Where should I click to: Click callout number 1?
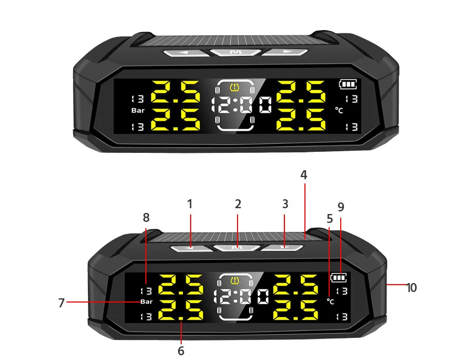coord(190,203)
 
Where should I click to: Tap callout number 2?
coord(238,203)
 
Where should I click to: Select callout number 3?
coord(285,203)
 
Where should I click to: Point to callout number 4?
coord(304,174)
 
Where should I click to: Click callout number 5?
coord(330,218)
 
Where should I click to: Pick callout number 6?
coord(181,350)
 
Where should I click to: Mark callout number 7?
coord(62,303)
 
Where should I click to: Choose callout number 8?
coord(146,217)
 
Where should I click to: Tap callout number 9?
coord(341,207)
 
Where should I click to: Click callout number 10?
coord(411,287)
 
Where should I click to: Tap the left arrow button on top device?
coord(185,52)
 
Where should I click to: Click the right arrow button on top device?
coord(285,52)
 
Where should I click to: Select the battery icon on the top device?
coord(348,84)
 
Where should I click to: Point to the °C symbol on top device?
coord(339,110)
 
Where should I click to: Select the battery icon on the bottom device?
coord(339,277)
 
